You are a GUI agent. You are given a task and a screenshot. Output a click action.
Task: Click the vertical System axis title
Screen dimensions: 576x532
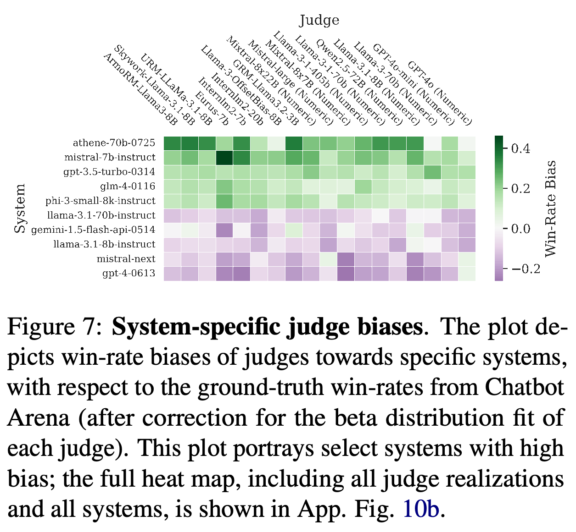20,208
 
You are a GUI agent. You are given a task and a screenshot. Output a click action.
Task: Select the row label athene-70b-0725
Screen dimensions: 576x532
114,143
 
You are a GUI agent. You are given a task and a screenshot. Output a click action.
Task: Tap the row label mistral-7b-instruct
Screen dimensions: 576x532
110,157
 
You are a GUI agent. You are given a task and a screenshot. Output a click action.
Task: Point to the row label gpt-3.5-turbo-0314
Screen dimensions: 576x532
109,172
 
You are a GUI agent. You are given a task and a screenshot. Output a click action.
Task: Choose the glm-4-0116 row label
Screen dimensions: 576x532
128,186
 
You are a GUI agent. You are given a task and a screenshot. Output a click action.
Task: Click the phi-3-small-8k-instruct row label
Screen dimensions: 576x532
101,201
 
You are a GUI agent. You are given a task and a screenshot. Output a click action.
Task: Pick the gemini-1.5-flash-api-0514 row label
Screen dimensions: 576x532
93,230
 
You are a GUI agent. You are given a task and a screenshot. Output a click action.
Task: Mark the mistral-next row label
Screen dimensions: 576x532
126,259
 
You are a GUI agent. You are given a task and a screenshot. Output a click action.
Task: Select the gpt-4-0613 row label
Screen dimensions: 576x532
129,274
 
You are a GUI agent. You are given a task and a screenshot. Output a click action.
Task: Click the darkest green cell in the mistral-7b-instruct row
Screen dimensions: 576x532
224,158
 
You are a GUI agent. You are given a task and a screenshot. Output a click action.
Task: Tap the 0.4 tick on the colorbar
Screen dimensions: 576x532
520,149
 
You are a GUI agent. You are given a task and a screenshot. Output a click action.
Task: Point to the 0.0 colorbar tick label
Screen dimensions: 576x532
520,229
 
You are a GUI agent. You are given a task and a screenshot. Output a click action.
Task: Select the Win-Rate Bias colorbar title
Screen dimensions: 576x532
550,208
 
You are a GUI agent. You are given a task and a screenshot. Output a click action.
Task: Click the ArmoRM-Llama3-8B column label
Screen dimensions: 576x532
140,89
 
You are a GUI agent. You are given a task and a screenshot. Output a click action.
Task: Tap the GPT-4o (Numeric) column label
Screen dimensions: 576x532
440,93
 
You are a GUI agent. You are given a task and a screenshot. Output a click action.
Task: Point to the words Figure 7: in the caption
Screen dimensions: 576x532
54,327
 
